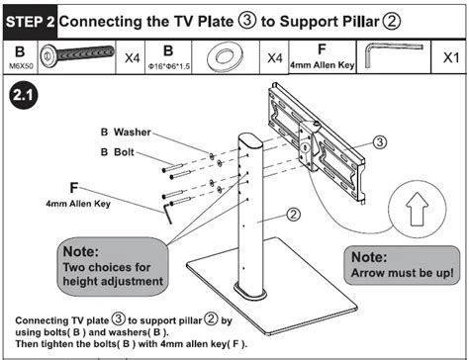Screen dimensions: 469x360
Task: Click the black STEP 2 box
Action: tap(30, 22)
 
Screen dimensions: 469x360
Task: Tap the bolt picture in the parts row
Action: tap(77, 53)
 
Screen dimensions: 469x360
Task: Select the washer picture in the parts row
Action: tap(225, 55)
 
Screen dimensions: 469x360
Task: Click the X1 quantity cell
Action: tap(450, 58)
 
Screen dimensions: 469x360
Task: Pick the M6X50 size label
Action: tap(21, 66)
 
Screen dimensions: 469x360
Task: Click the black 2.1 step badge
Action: tap(23, 95)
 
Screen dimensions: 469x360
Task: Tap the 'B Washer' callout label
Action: tap(126, 133)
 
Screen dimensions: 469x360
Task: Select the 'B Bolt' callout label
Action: tap(118, 152)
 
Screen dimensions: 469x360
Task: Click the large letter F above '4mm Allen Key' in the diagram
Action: tap(74, 188)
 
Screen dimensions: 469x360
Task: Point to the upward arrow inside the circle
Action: tap(418, 209)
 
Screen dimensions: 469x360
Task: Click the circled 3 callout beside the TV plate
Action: tap(380, 142)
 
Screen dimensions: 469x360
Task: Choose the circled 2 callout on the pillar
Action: tap(293, 215)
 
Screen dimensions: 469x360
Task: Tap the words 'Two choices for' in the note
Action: tap(107, 267)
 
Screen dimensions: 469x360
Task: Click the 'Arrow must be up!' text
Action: tap(402, 273)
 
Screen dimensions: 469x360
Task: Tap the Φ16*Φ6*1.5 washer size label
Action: tap(169, 66)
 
